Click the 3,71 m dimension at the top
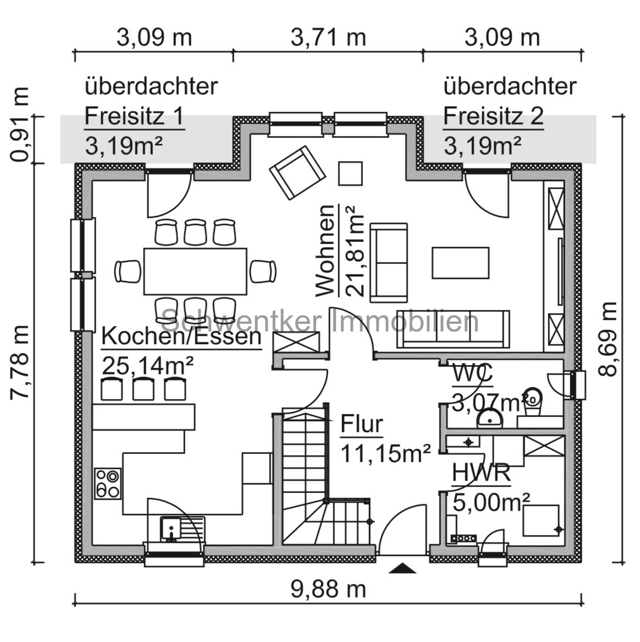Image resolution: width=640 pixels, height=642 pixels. coord(328,37)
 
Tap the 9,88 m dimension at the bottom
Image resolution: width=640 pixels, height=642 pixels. coord(328,589)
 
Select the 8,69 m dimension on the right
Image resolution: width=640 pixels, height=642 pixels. coord(609,339)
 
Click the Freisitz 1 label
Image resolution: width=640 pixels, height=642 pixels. coord(134,116)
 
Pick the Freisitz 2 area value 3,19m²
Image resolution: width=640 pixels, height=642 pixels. coord(482,146)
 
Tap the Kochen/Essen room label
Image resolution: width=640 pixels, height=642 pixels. coord(181,336)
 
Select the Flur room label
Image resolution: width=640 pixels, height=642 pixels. coord(361,425)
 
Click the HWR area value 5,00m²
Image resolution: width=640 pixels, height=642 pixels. coord(491,502)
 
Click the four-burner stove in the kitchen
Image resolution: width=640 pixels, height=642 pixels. coord(107,483)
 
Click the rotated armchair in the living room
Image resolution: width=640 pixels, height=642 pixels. coord(296,173)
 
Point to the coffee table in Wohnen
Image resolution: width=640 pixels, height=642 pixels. coord(460,263)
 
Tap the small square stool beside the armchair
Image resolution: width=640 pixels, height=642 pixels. coord(350,173)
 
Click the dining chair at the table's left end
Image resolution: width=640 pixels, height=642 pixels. coord(127,271)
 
